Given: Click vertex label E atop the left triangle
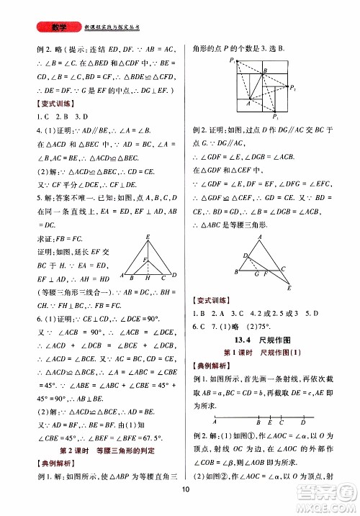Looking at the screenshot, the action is (x=146, y=237).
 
